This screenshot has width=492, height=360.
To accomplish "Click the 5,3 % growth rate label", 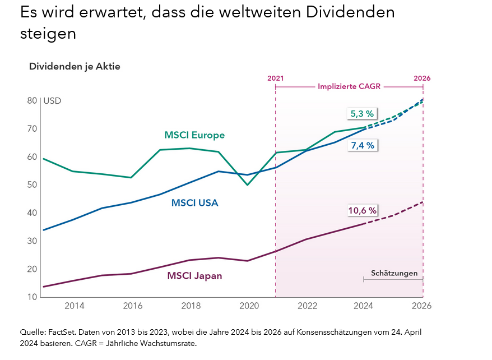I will click(362, 114).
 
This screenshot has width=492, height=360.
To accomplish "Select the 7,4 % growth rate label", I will click(362, 145).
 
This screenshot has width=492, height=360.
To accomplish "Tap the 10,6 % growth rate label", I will click(362, 211).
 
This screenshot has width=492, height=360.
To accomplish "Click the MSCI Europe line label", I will click(194, 135).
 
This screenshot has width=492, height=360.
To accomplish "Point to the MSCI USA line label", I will click(194, 203).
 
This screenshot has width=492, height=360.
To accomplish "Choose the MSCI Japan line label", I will click(194, 275).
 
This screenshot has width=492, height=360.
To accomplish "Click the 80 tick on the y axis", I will click(33, 101).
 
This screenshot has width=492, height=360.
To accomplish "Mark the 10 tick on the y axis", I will click(33, 297).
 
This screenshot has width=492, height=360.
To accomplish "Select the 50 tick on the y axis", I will click(33, 184).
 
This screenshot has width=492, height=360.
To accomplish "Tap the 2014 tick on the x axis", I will click(75, 306).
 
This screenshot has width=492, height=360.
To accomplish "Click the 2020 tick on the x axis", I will click(249, 306).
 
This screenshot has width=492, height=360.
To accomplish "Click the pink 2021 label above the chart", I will click(275, 78).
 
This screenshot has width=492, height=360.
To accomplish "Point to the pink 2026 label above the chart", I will click(422, 78).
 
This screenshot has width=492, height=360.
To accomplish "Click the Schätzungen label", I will click(394, 273).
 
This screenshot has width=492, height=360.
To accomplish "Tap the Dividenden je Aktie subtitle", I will click(75, 66).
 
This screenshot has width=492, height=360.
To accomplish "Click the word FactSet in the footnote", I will click(58, 331).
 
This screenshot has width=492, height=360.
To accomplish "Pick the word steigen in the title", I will click(48, 33).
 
